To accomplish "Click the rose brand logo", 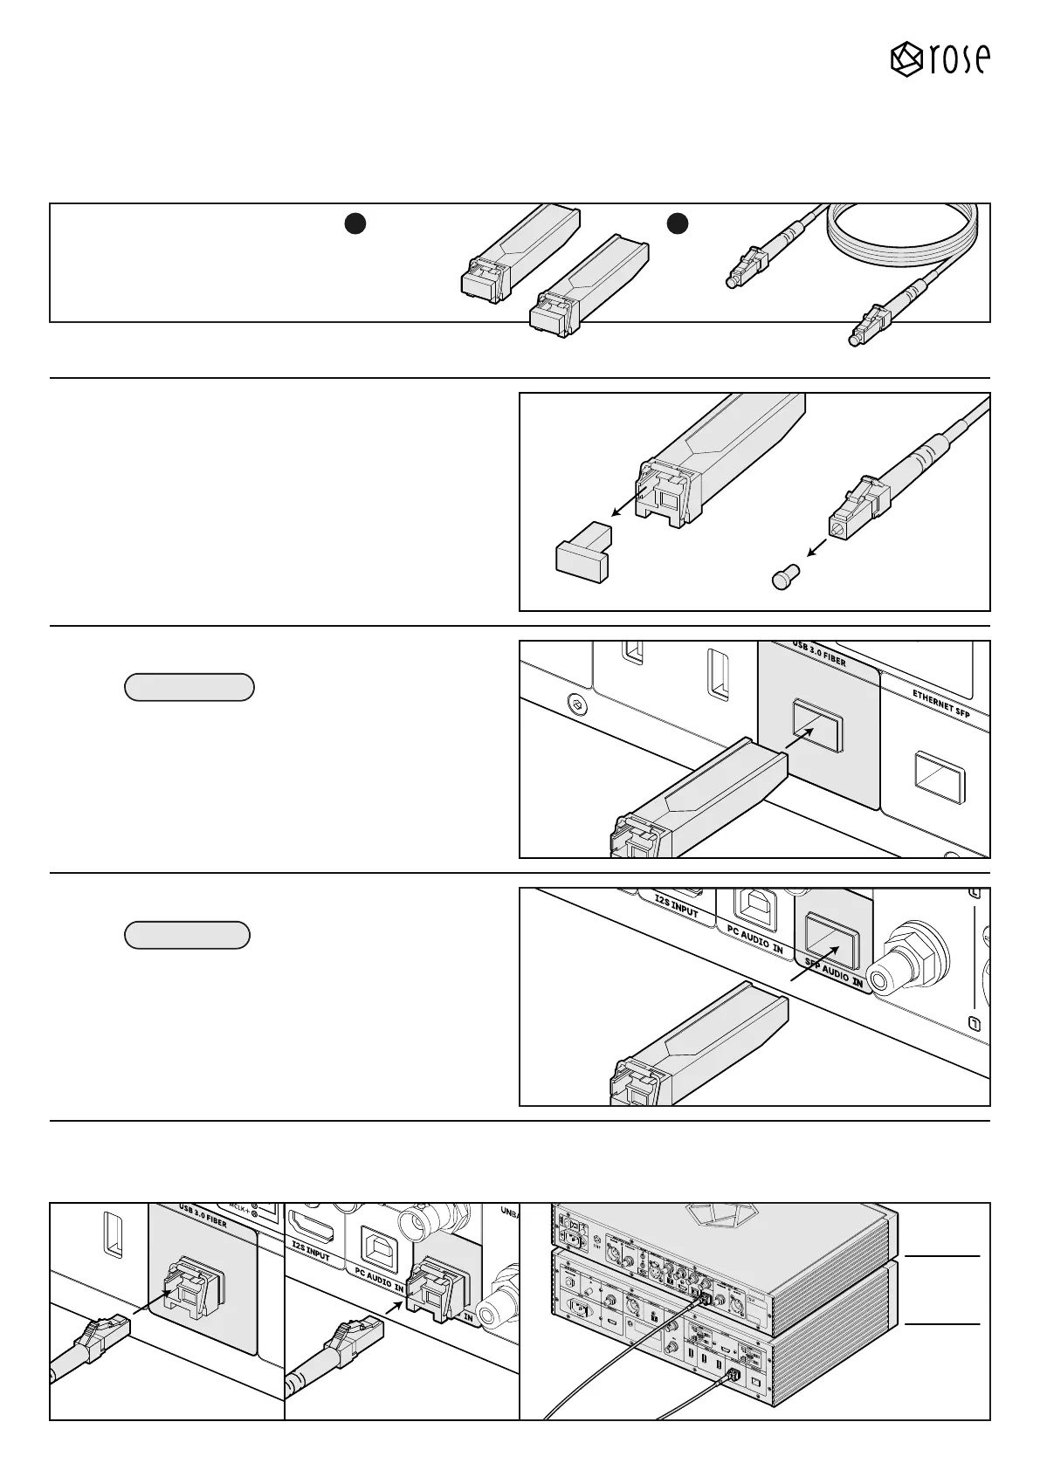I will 940,58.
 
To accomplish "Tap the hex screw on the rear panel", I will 575,702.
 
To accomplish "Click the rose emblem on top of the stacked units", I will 713,1216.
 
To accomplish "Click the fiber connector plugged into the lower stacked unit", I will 732,1372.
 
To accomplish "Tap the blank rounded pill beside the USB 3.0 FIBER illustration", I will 189,687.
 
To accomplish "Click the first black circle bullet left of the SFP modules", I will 353,223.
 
